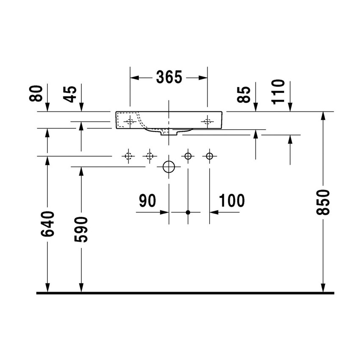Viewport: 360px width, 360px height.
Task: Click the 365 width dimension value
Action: click(x=169, y=77)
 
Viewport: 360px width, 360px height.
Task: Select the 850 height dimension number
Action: click(x=323, y=202)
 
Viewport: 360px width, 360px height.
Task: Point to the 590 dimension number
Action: click(x=81, y=229)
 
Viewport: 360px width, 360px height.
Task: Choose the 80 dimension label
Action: click(x=37, y=93)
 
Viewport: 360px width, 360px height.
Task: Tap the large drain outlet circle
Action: click(x=169, y=167)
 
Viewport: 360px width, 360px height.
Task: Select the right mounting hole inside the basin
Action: click(x=207, y=121)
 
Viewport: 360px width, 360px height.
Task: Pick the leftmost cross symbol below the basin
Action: click(x=128, y=156)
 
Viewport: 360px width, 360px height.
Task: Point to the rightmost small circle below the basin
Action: click(x=209, y=156)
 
